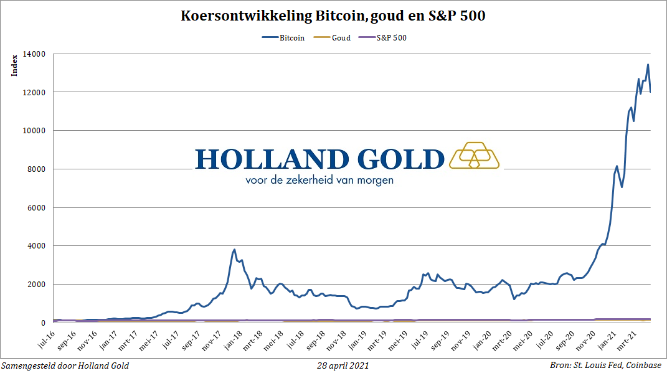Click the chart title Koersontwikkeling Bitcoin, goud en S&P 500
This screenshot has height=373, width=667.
tap(333, 17)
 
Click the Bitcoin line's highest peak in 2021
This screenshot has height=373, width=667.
tap(648, 64)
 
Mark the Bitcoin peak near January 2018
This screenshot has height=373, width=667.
tap(234, 250)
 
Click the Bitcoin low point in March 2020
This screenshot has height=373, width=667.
tap(514, 299)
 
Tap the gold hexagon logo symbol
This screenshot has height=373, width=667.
tap(475, 156)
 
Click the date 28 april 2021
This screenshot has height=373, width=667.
tap(342, 366)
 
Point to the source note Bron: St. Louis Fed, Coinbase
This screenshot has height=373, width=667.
tap(605, 366)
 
